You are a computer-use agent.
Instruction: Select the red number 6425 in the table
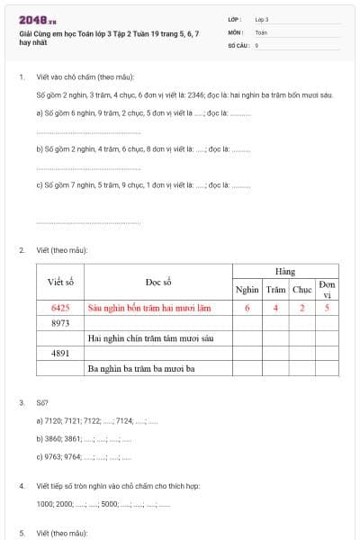click(x=60, y=307)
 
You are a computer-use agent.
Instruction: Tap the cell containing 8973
click(x=60, y=322)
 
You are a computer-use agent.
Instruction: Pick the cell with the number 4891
click(x=60, y=353)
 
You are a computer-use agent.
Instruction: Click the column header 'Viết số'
click(x=60, y=282)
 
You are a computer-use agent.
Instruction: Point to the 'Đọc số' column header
click(x=158, y=282)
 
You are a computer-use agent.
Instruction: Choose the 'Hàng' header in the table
click(x=284, y=271)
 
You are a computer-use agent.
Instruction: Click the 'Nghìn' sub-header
click(x=247, y=290)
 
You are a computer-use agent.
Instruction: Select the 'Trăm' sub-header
click(x=275, y=290)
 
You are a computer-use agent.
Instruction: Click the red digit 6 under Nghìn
click(x=247, y=307)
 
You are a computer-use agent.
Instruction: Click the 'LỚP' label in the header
click(x=235, y=18)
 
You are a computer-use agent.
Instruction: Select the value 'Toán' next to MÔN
click(x=261, y=31)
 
